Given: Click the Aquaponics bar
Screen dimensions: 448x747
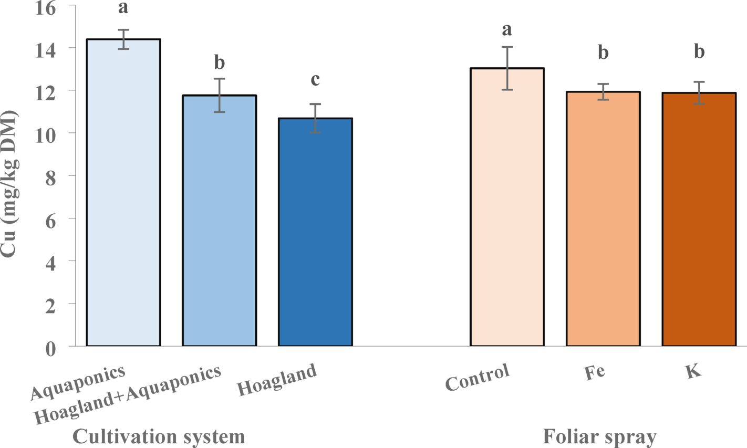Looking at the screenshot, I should point(123,192).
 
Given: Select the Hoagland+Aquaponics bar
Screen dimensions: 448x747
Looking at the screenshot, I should point(219,221).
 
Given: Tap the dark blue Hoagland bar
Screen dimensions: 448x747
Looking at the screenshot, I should point(315,232).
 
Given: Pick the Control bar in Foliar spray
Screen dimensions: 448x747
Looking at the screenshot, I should point(507,207).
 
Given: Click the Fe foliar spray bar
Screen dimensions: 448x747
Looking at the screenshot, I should point(603,218).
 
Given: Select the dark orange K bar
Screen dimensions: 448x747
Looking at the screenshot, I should point(699,219).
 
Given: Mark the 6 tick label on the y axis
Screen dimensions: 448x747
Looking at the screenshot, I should point(50,219).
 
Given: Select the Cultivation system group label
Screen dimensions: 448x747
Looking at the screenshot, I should point(159,436).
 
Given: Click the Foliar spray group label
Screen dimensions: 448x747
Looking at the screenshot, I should point(599,436).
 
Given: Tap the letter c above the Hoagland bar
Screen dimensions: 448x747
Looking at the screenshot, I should point(315,79).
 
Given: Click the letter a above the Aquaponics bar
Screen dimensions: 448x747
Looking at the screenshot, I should point(123,8).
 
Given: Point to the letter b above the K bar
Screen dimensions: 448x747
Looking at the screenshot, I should point(699,51).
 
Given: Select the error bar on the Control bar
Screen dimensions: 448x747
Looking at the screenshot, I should point(507,68).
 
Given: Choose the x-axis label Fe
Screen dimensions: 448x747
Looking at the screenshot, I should point(594,372).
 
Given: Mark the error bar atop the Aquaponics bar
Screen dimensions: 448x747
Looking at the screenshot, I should point(123,39).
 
